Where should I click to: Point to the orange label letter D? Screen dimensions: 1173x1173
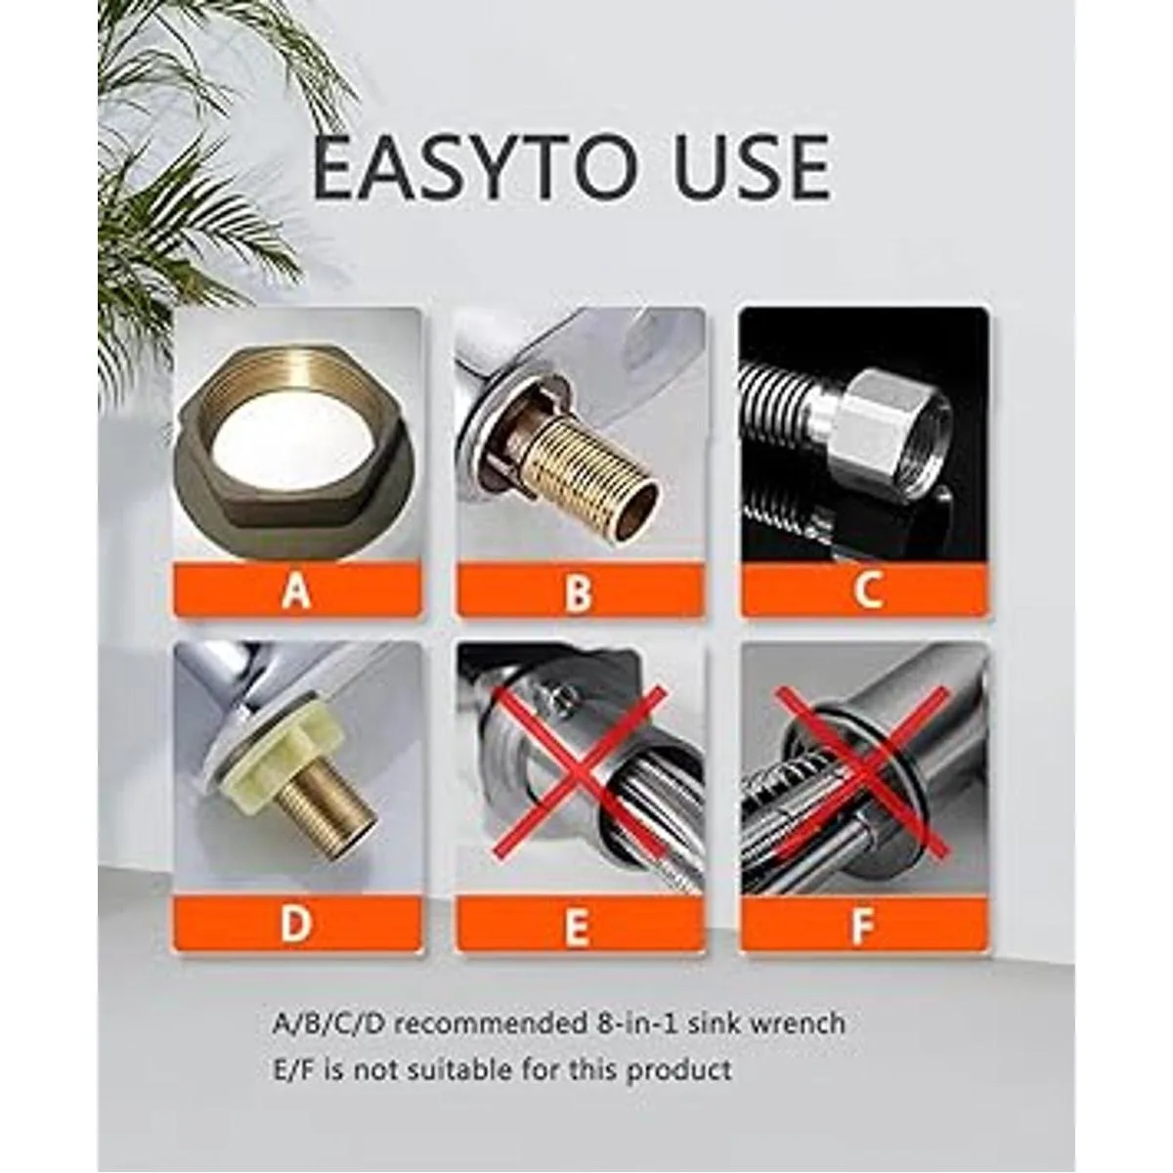(296, 924)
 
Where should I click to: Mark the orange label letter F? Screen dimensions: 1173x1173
(863, 925)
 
